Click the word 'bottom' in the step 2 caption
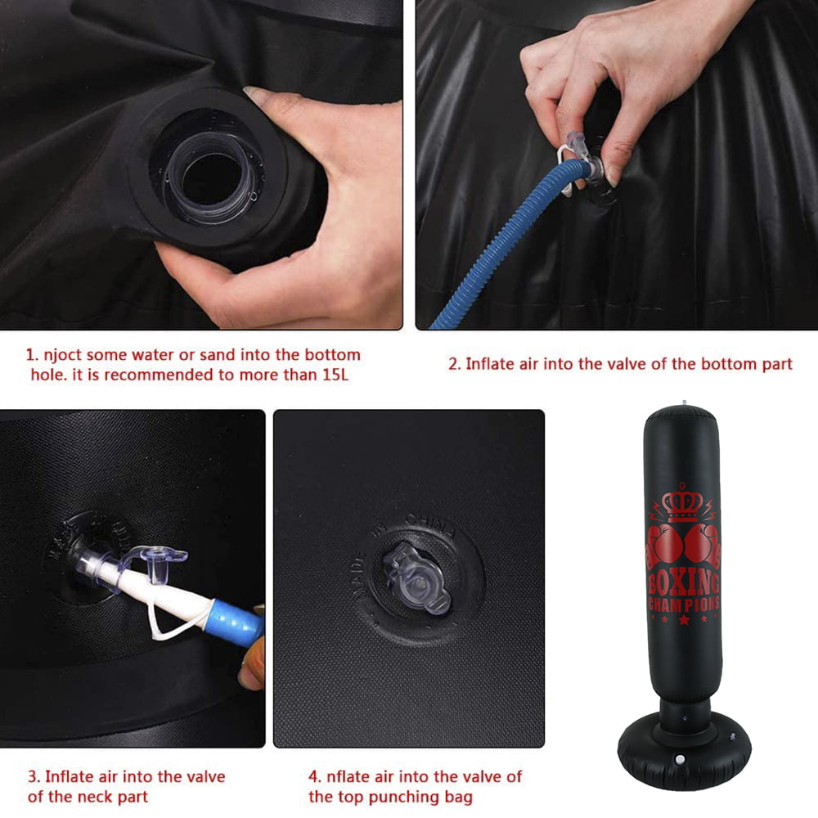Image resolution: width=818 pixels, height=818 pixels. (706, 363)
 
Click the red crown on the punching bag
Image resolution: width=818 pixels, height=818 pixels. (681, 506)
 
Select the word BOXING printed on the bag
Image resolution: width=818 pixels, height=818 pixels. (684, 583)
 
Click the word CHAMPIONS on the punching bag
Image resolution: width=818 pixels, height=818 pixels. (684, 605)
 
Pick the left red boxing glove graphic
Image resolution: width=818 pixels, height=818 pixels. (663, 546)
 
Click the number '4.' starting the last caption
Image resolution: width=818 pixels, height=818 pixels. (315, 776)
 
